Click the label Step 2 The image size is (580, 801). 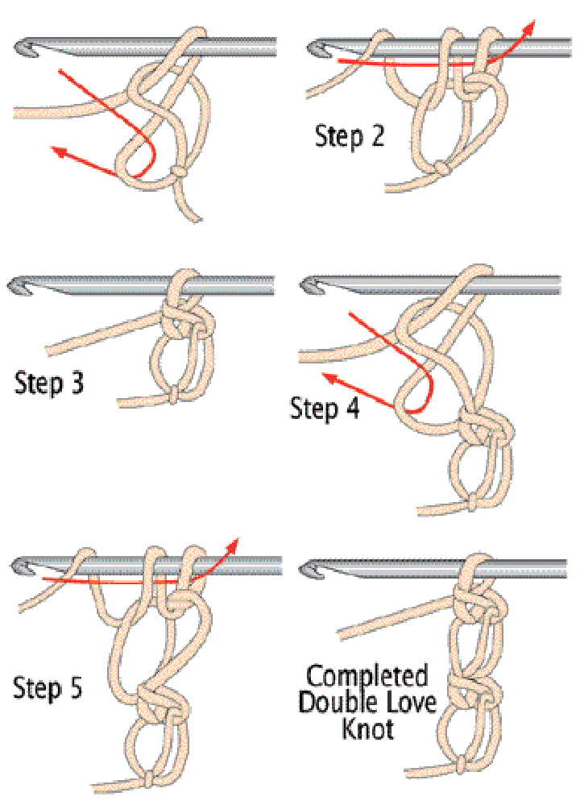[x=350, y=136]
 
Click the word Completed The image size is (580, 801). [x=367, y=675]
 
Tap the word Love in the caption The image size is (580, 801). [x=411, y=702]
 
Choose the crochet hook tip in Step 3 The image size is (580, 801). [x=17, y=285]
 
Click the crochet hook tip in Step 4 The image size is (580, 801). [x=309, y=284]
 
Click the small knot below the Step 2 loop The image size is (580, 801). [x=441, y=168]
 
